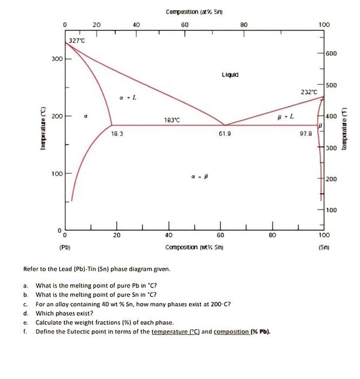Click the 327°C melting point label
[76, 40]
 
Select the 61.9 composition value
[226, 132]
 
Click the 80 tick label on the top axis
[245, 24]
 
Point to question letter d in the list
[25, 312]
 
